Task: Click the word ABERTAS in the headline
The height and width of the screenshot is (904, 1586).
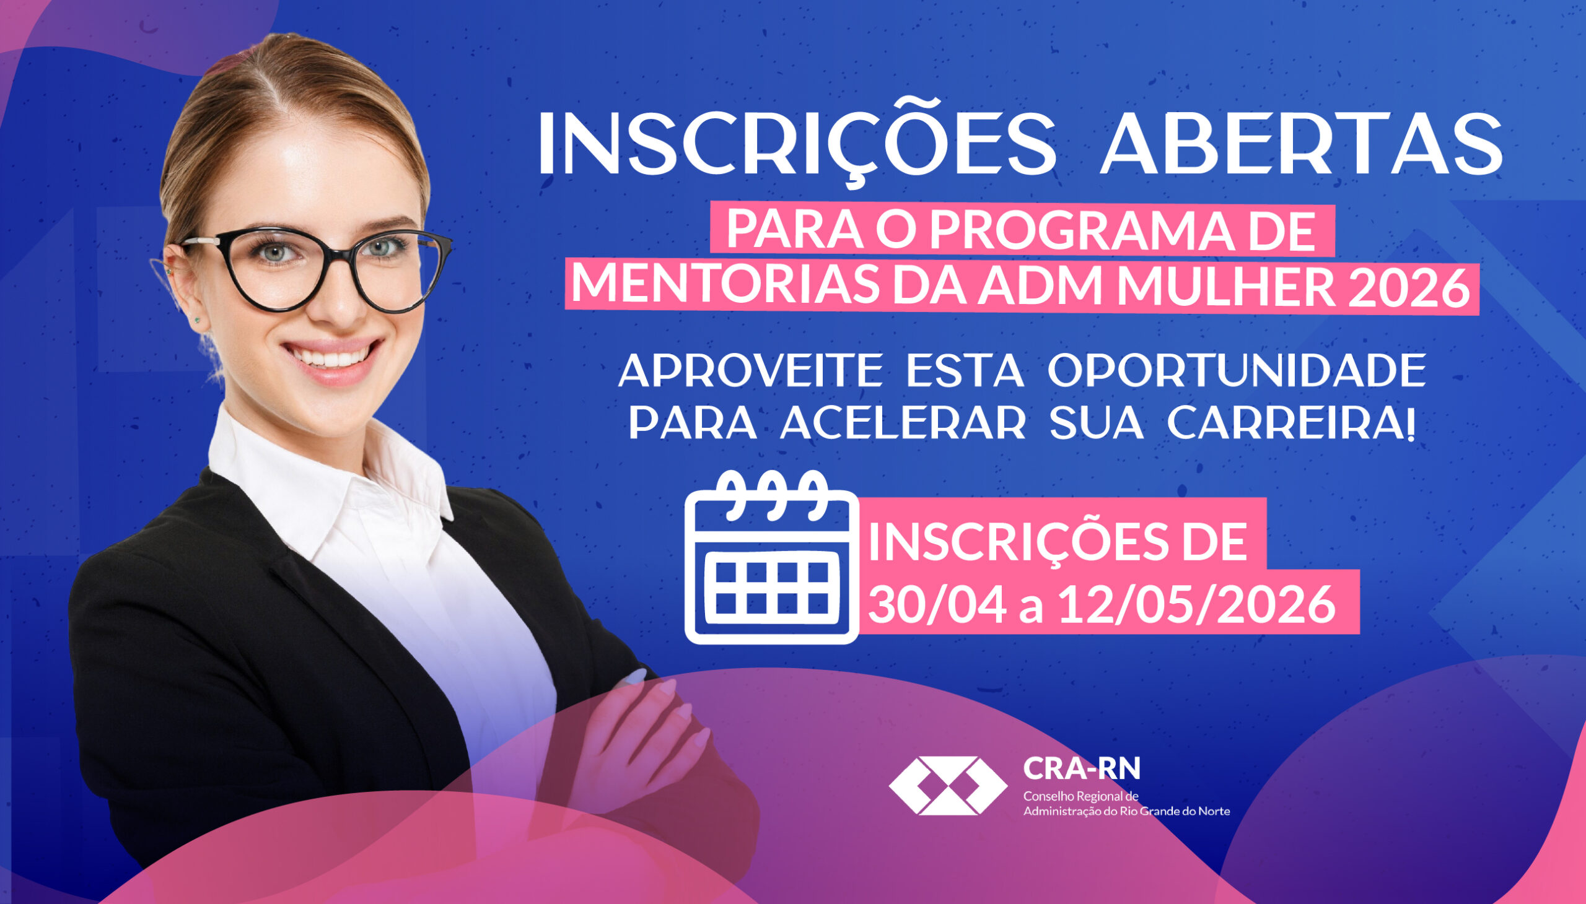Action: pos(1301,147)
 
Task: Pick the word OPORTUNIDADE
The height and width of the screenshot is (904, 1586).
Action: pos(1236,372)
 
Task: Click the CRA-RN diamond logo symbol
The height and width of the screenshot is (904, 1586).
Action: pos(948,785)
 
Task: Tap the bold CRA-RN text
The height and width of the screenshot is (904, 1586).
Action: pos(1082,768)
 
